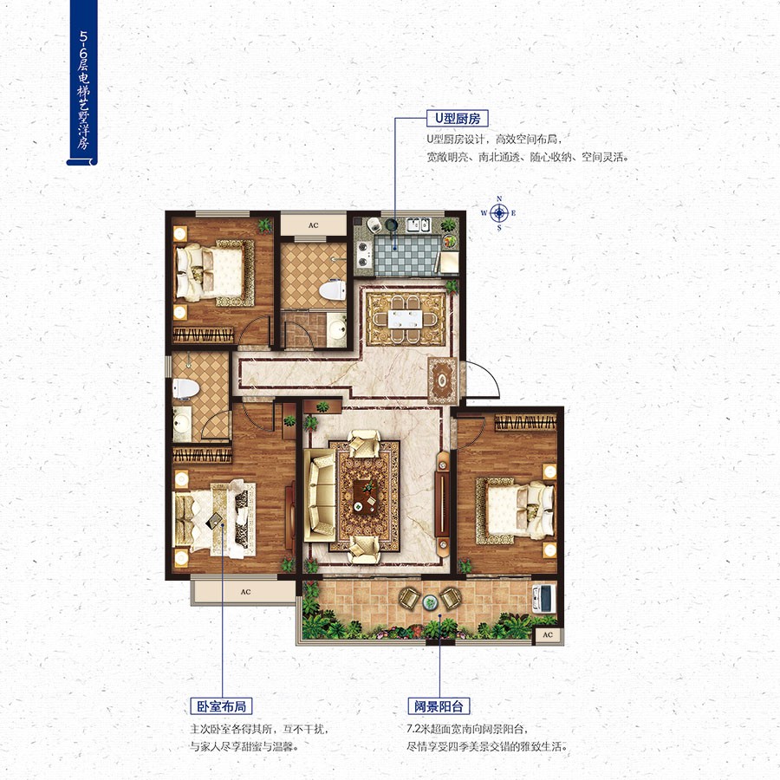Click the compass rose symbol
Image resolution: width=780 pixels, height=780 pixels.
click(x=499, y=213)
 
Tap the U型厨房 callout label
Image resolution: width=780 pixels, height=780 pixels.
click(x=458, y=119)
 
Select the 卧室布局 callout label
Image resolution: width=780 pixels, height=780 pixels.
click(x=221, y=705)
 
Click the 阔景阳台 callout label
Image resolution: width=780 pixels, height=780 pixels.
click(x=439, y=705)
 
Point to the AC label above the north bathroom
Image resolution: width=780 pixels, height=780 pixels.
click(x=314, y=225)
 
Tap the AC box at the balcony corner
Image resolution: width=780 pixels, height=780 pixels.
click(x=548, y=634)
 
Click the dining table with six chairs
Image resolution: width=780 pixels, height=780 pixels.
click(x=406, y=319)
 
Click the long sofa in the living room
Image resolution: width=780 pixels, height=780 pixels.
click(x=319, y=495)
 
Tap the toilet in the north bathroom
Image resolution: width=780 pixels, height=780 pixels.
click(x=332, y=290)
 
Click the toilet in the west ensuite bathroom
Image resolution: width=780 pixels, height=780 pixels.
click(x=185, y=389)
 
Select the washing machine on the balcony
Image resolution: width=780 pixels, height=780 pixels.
click(x=543, y=598)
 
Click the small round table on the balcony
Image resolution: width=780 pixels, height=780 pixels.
click(x=430, y=602)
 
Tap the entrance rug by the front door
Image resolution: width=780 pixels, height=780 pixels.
click(x=442, y=380)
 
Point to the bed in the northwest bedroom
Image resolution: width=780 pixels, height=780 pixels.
click(x=215, y=273)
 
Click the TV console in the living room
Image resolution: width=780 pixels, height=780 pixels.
click(x=442, y=504)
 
